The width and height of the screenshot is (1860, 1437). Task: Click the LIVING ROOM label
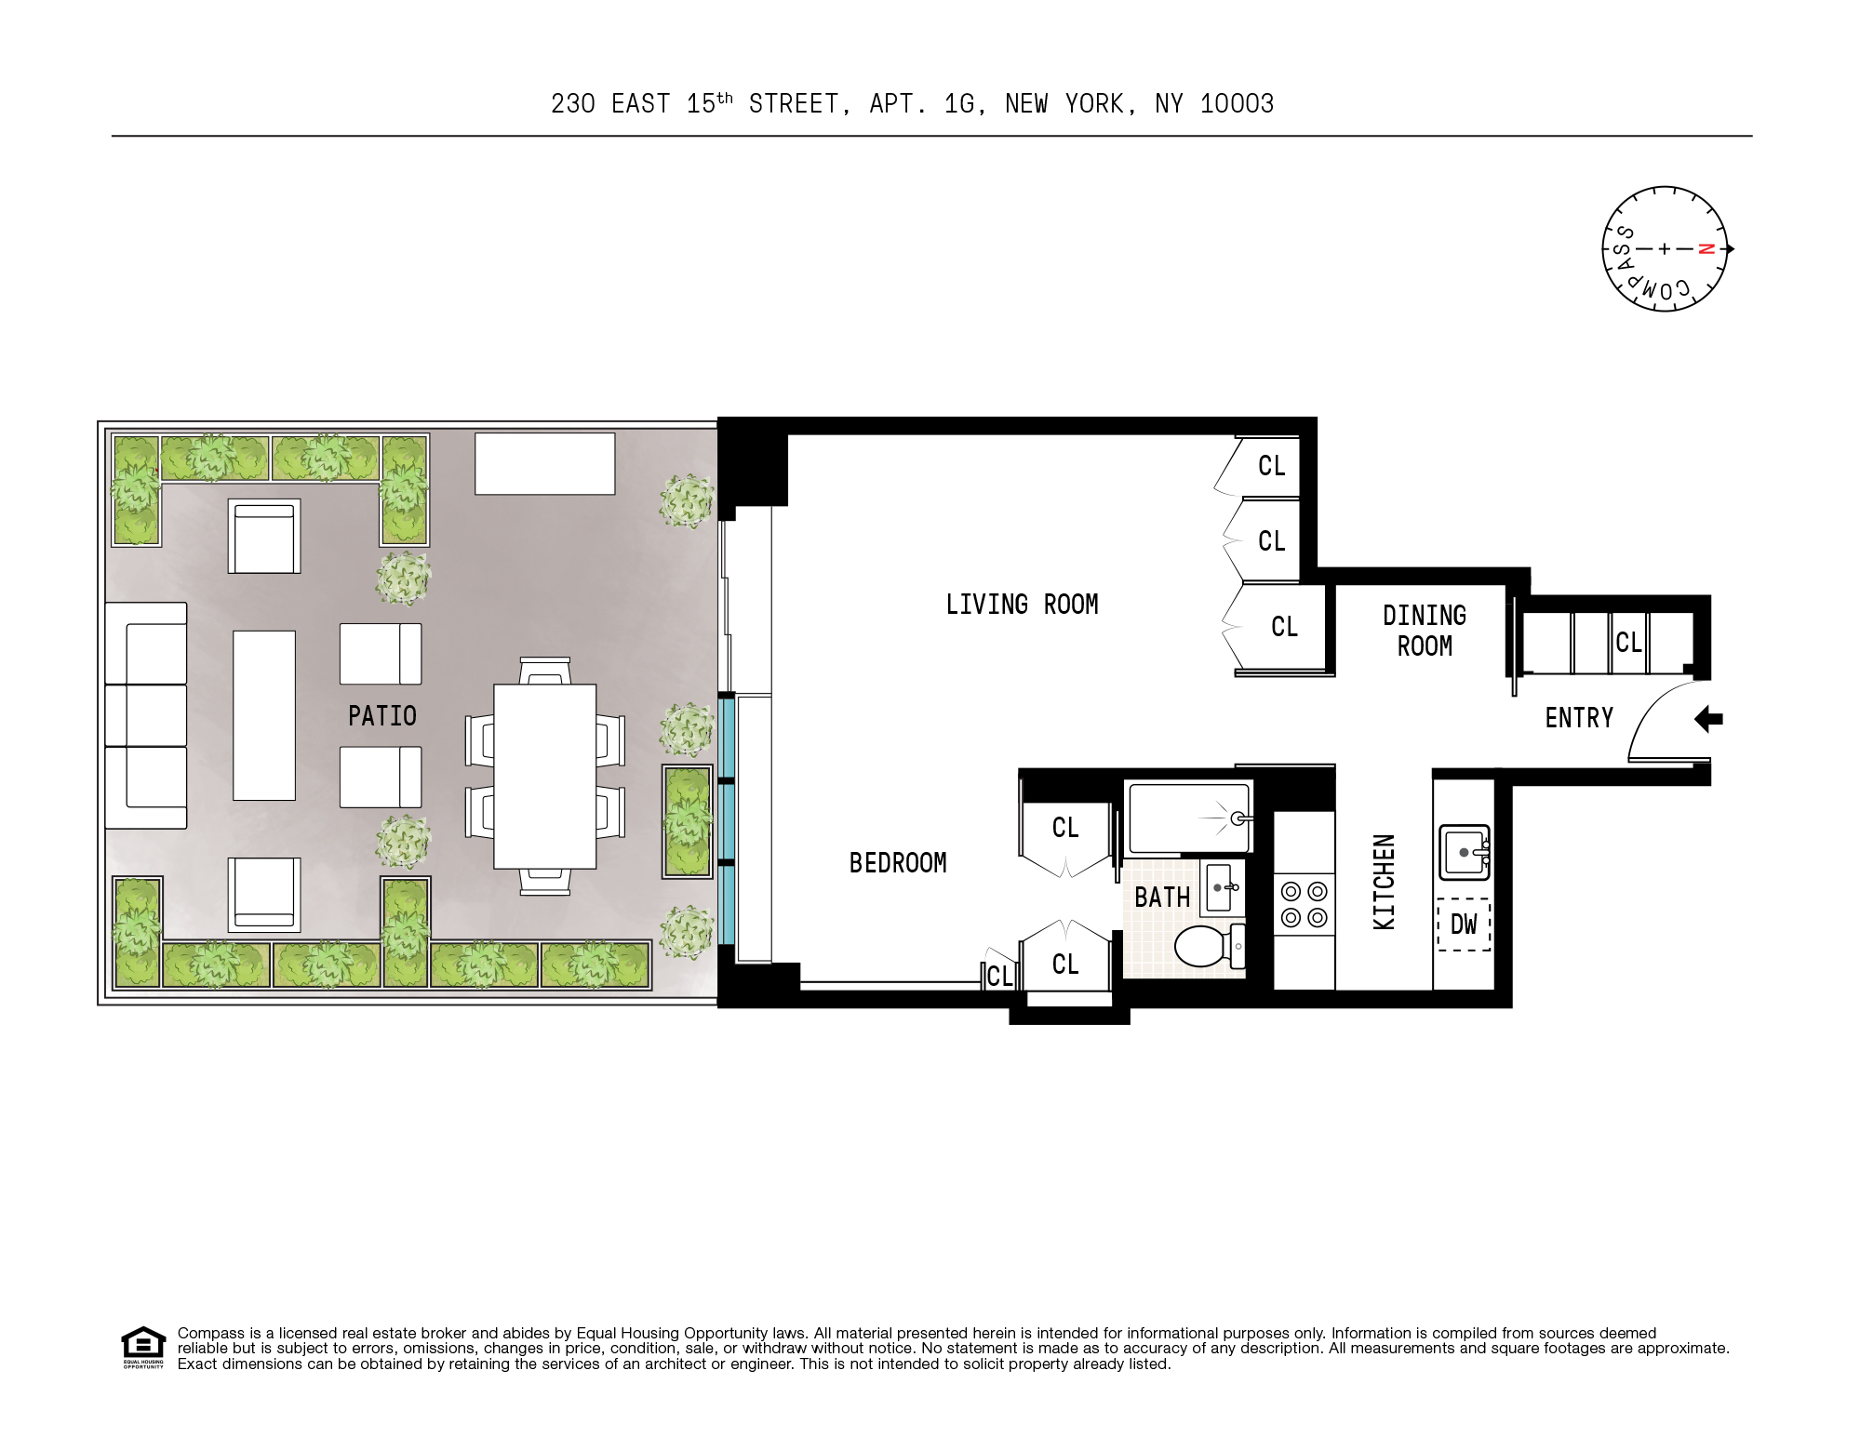[x=1022, y=605]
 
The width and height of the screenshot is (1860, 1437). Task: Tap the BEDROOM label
[x=898, y=863]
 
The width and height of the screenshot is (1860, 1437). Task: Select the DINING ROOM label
[x=1424, y=631]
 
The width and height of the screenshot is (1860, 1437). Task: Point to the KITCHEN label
[x=1385, y=882]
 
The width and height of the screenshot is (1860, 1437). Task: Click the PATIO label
[x=381, y=716]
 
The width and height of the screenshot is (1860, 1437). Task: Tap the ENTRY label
[x=1579, y=718]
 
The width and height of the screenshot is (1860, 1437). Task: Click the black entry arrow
[x=1708, y=719]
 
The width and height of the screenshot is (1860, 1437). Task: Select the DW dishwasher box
[x=1464, y=924]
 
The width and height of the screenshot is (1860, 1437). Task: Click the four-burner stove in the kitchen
[x=1304, y=905]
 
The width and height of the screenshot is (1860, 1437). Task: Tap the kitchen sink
[x=1464, y=852]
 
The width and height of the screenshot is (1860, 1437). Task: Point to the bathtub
[x=1188, y=818]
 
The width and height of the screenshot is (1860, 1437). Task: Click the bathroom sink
[x=1223, y=888]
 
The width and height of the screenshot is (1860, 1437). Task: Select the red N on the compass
[x=1706, y=249]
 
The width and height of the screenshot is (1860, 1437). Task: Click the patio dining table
[x=544, y=777]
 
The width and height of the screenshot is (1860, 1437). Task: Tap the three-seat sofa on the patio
[x=146, y=715]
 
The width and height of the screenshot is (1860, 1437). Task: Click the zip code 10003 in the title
[x=1237, y=104]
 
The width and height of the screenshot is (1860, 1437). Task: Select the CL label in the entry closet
[x=1628, y=643]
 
